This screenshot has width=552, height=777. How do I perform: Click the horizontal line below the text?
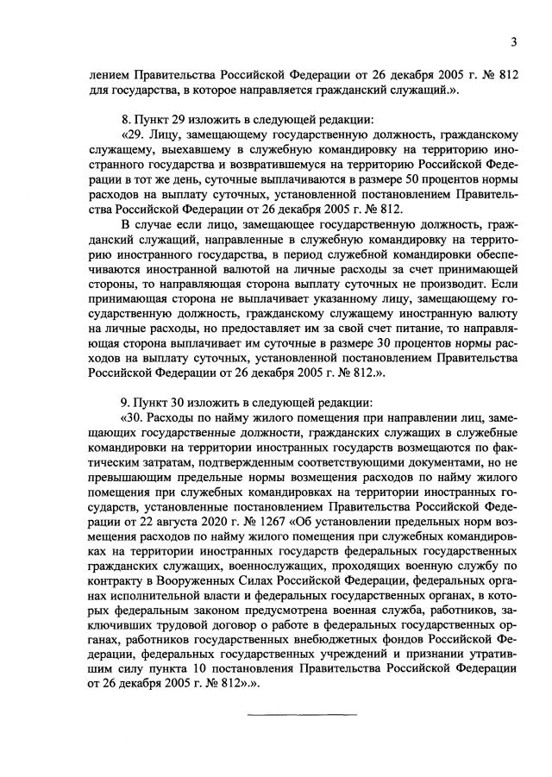tap(302, 715)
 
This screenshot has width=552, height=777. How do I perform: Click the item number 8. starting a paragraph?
tap(127, 120)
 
